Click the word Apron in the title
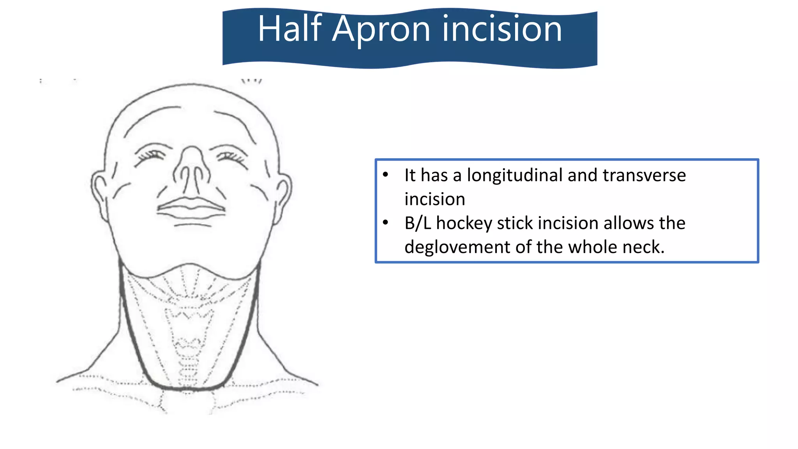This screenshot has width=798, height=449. (x=381, y=29)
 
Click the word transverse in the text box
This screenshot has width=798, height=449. (x=644, y=175)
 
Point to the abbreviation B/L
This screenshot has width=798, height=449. (x=417, y=223)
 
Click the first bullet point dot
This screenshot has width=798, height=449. (x=385, y=175)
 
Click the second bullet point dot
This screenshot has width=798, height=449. (x=385, y=223)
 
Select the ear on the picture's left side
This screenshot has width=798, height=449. (x=100, y=191)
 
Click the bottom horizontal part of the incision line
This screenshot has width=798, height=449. (x=187, y=388)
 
